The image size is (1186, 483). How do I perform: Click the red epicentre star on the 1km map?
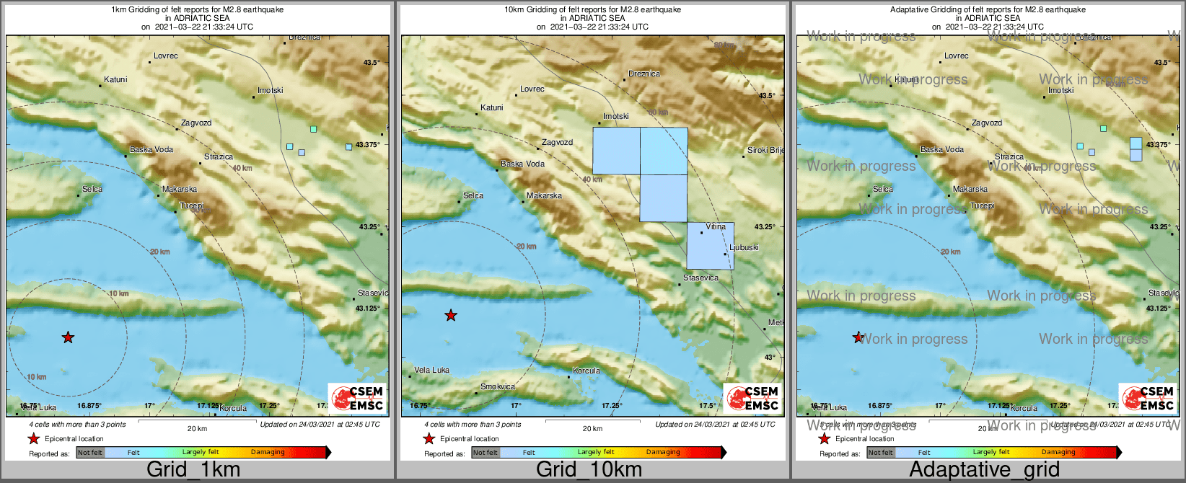click(68, 337)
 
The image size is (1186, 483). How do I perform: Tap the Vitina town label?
click(716, 227)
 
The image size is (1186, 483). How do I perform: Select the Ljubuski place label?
click(744, 247)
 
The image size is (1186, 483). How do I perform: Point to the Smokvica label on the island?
click(498, 387)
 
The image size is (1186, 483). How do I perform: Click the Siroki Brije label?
click(765, 151)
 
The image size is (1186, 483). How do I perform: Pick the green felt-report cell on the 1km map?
click(313, 129)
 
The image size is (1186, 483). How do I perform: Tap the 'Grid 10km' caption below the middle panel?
click(589, 469)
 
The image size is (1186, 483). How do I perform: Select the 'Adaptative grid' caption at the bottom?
click(984, 469)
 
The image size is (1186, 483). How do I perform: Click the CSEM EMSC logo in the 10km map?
click(752, 398)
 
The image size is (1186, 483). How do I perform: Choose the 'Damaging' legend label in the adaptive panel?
click(1058, 453)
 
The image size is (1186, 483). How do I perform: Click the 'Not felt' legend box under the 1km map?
click(89, 453)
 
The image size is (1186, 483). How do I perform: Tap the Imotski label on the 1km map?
click(271, 91)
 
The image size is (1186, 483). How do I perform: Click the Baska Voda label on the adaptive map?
click(942, 150)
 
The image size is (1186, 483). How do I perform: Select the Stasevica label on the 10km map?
click(700, 278)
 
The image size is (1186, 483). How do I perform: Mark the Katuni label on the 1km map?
click(115, 80)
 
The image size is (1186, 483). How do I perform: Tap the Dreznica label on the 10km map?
click(644, 74)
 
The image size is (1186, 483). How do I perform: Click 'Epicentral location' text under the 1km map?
click(74, 439)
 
